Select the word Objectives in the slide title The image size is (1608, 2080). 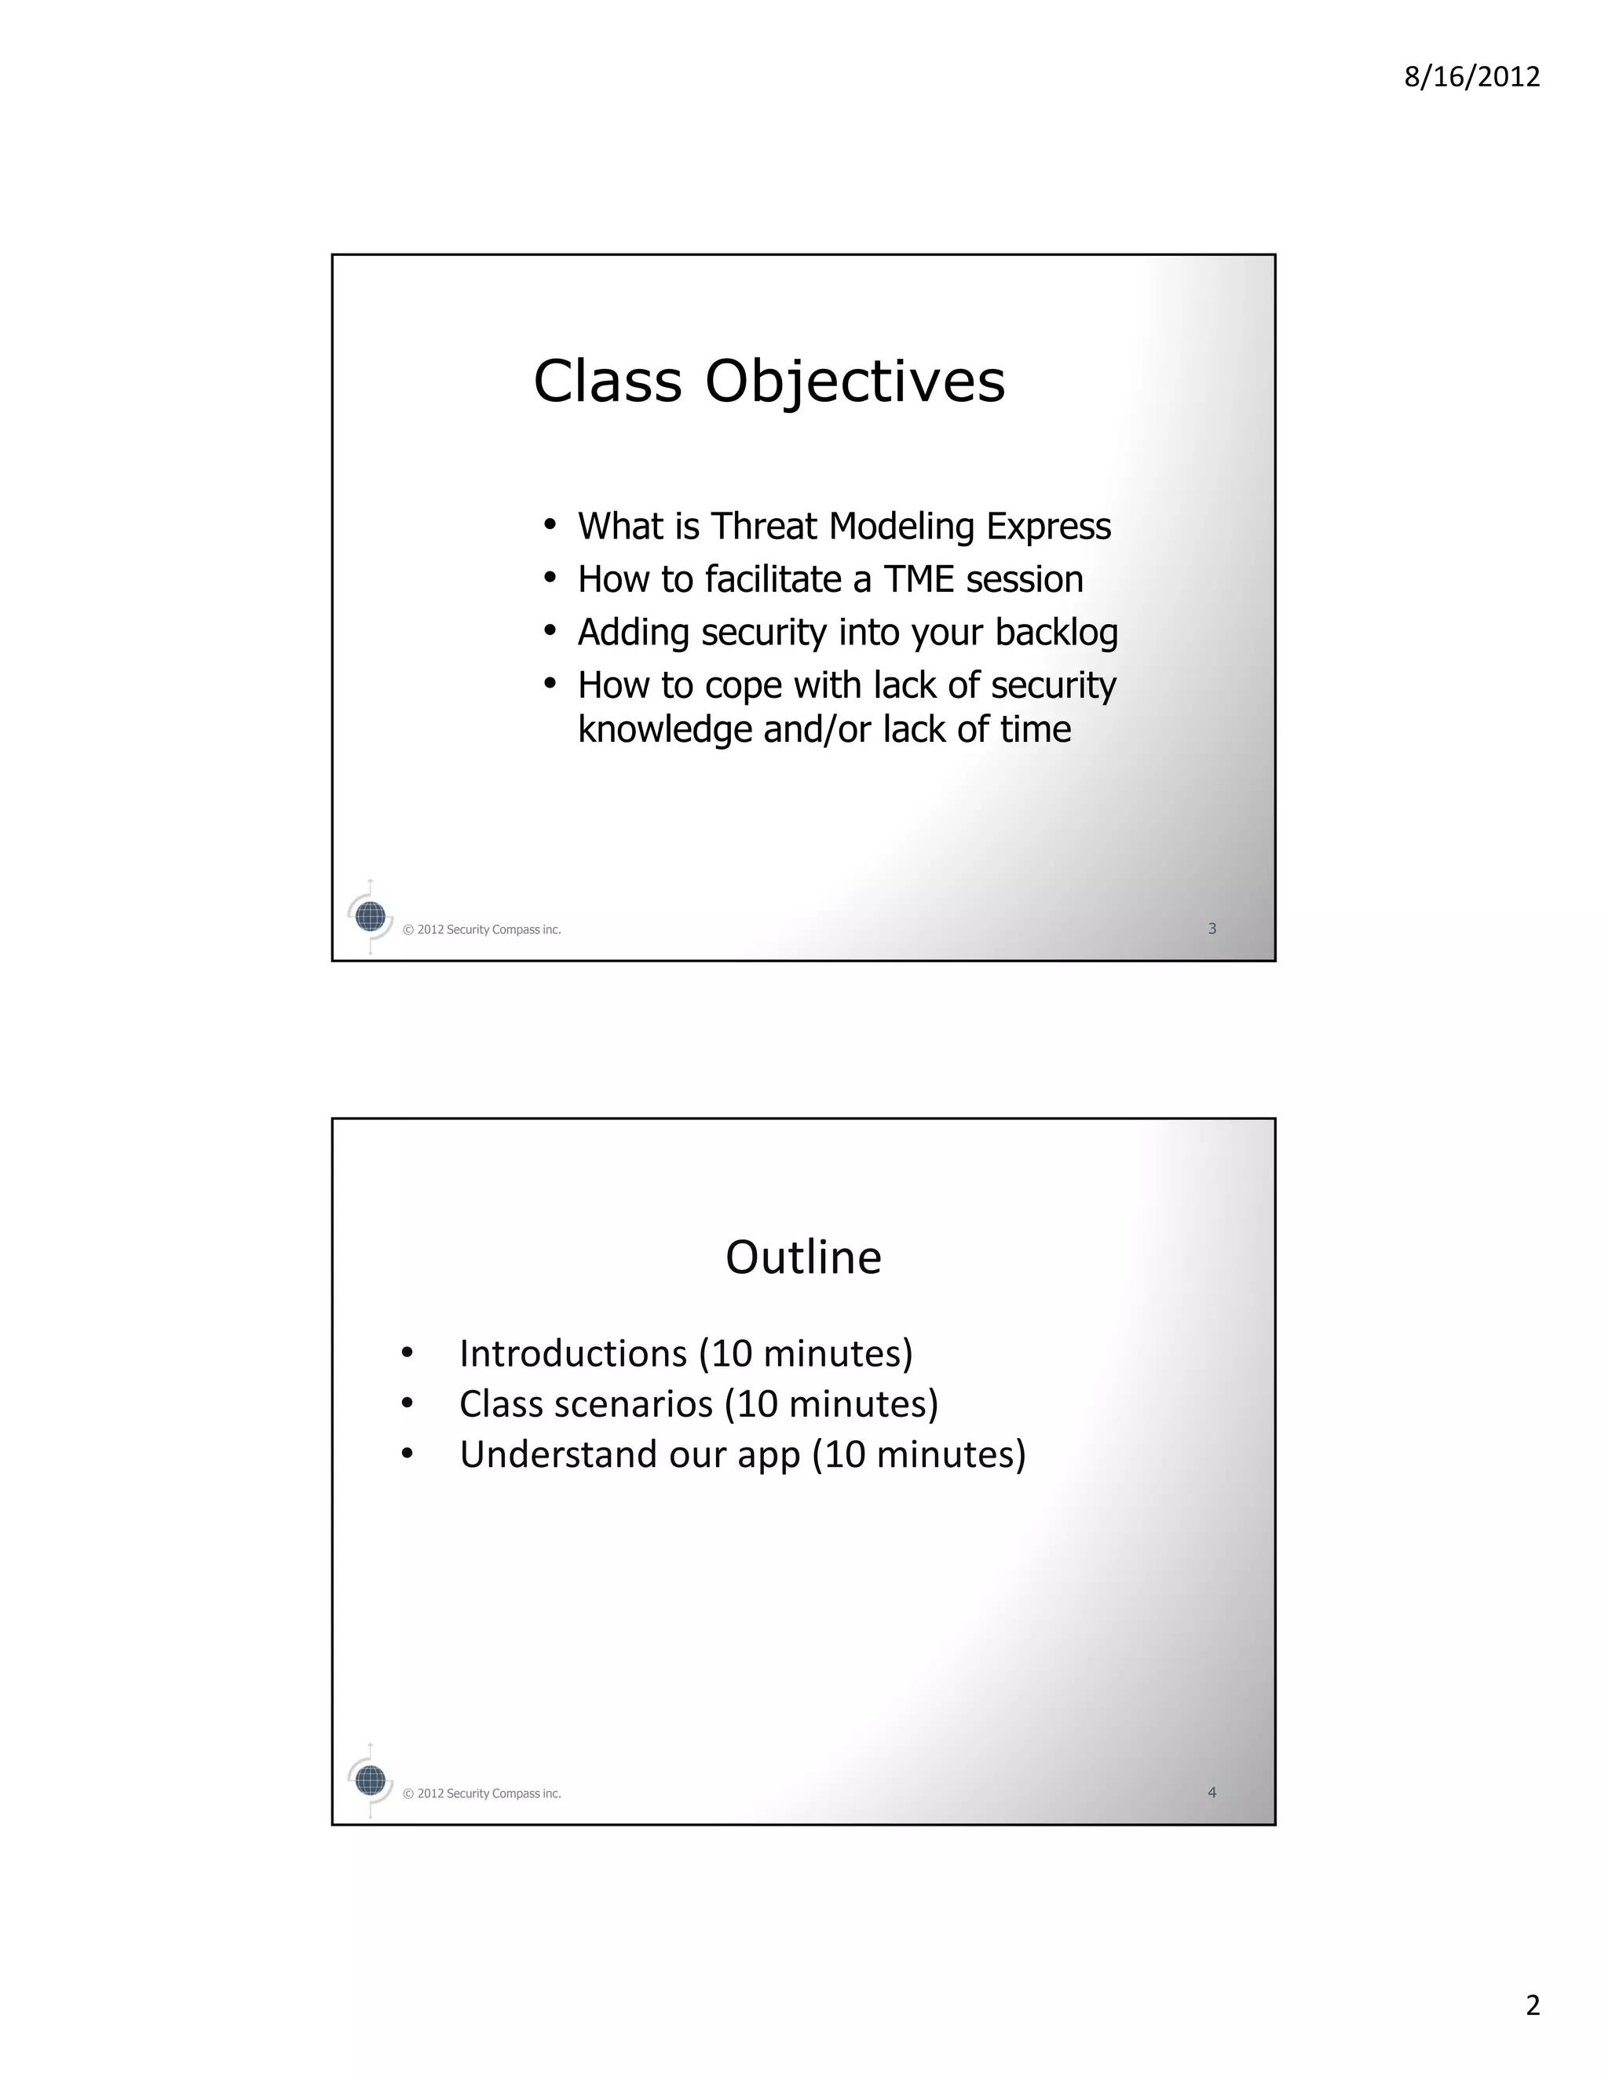[x=854, y=382]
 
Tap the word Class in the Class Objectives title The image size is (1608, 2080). [x=608, y=382]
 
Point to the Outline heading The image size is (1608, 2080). [x=803, y=1257]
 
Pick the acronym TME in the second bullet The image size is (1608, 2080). [x=919, y=579]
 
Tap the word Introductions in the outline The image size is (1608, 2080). [x=572, y=1353]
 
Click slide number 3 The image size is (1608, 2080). [x=1211, y=929]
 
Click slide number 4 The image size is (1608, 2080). [x=1211, y=1793]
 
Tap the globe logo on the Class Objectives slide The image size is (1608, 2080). [x=370, y=917]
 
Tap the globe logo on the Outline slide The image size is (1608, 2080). [x=370, y=1780]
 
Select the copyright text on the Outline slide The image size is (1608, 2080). [x=481, y=1794]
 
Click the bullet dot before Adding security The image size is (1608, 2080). [x=549, y=630]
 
